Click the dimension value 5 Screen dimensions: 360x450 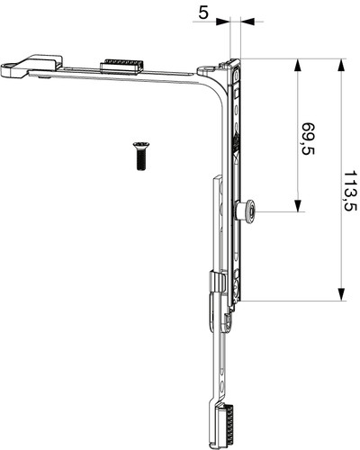[203, 13]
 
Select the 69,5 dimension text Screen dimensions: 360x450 [308, 139]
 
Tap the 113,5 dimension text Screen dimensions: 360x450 [350, 191]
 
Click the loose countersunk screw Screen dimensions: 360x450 [139, 156]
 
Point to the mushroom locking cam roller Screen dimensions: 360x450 [246, 211]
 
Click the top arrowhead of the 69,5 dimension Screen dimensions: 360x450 [297, 66]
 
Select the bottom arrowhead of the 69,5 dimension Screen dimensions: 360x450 [297, 205]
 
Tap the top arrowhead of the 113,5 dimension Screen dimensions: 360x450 [341, 66]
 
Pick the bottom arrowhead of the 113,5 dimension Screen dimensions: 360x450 [341, 294]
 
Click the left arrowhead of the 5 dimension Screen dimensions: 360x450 [222, 22]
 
